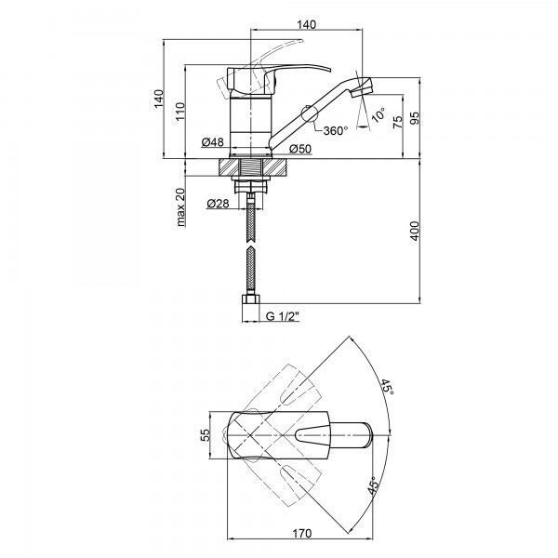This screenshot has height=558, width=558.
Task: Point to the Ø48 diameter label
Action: (x=212, y=142)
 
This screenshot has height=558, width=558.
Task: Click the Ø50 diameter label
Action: (x=299, y=148)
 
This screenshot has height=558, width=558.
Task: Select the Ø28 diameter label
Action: (x=219, y=203)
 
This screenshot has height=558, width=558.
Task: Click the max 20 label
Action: (x=180, y=206)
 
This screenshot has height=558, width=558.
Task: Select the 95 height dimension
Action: (x=415, y=118)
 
